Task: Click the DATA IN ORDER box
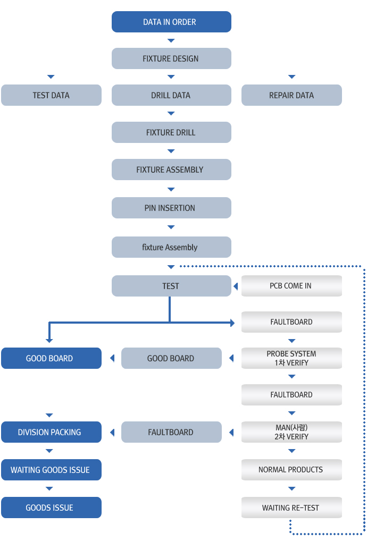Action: click(x=171, y=22)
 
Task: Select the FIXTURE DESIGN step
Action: click(x=171, y=58)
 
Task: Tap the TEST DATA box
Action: click(x=51, y=95)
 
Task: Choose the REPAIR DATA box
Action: click(x=291, y=95)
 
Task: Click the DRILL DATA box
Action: click(x=171, y=95)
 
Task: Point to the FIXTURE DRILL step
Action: click(x=171, y=132)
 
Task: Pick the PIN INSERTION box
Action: click(x=171, y=208)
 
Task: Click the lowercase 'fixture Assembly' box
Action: click(x=171, y=247)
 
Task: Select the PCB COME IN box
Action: click(x=291, y=286)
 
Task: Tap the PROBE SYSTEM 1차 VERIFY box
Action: click(x=291, y=358)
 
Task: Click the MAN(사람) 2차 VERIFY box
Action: click(x=291, y=432)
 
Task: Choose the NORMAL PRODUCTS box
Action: click(x=291, y=470)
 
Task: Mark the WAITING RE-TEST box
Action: click(x=291, y=508)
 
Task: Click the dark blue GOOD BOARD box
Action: click(x=51, y=358)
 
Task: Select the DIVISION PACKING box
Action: click(x=51, y=432)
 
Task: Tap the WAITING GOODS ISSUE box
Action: click(x=51, y=470)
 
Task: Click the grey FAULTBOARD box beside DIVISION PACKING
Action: click(x=171, y=432)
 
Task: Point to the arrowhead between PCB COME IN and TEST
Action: click(x=236, y=286)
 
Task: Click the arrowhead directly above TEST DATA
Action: click(x=51, y=77)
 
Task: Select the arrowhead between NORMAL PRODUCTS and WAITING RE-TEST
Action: click(x=291, y=488)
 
